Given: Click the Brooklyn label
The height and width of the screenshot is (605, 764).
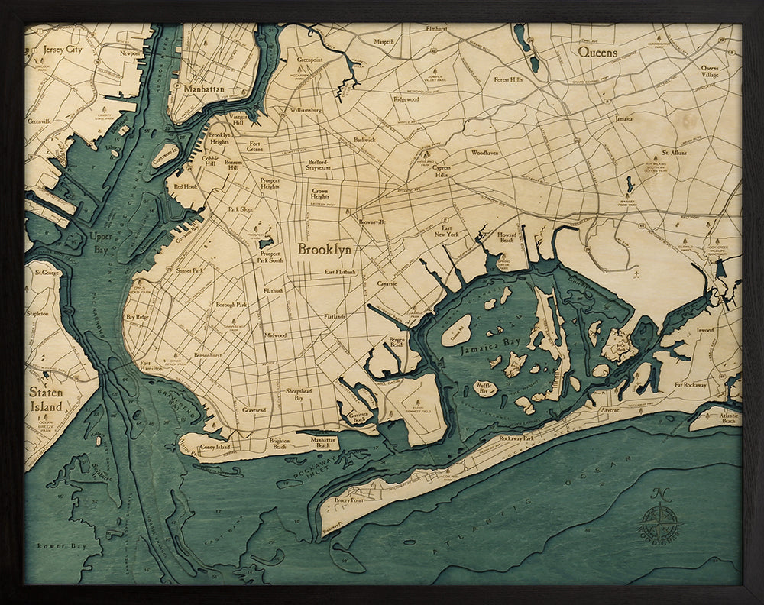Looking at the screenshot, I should point(325,250).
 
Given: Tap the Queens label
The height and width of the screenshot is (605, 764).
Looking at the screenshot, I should point(597,52).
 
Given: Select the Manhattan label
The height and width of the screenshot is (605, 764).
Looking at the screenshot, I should point(204,89).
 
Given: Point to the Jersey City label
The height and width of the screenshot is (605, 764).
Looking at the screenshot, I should point(63,50).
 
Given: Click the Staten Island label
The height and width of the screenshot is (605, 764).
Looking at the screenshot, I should point(46,400).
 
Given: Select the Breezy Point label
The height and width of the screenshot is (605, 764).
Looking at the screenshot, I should point(349,500).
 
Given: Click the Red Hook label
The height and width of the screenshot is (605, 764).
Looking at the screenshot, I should point(186,186).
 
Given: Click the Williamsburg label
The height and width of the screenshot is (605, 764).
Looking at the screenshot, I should point(306,110).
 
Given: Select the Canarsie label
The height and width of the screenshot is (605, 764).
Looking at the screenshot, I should point(387,283).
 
